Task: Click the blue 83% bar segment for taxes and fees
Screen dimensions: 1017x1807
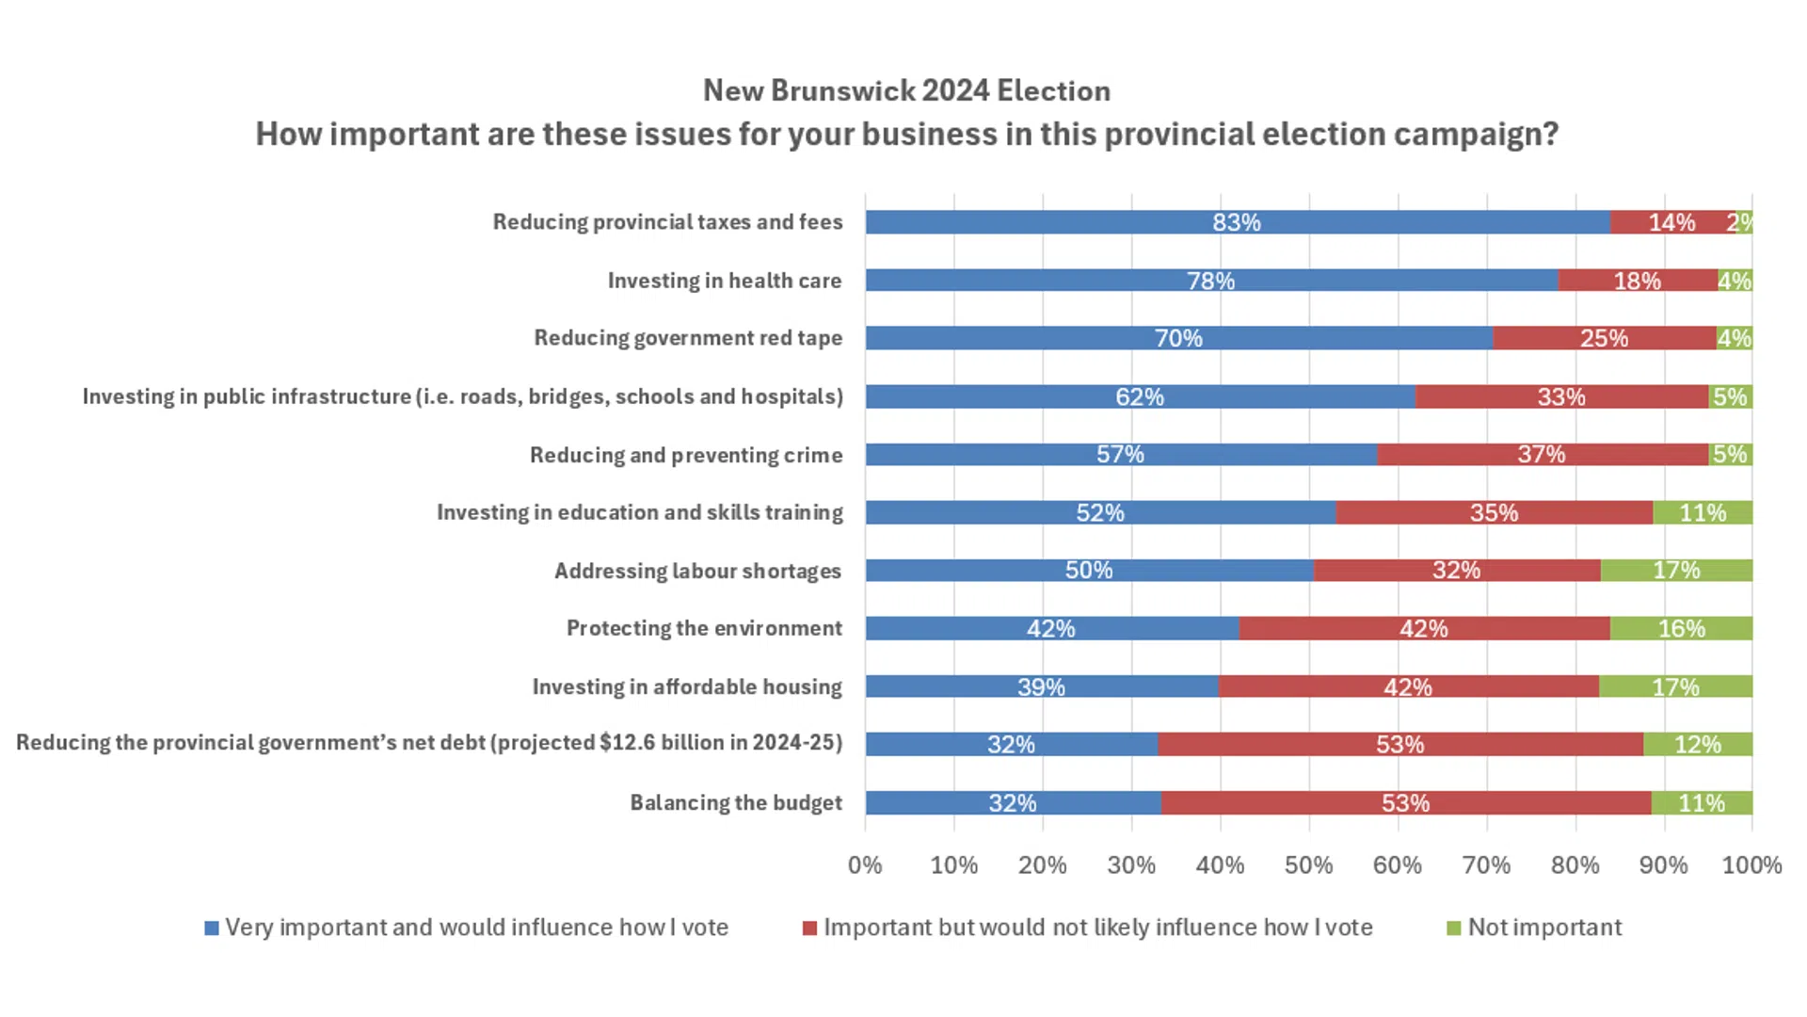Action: [1237, 222]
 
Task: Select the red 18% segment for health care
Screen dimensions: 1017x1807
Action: [1638, 281]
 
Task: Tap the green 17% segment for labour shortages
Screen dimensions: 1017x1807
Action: [1676, 571]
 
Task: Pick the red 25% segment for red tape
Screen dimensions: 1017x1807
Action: [1604, 338]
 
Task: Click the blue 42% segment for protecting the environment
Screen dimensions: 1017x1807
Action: [1051, 629]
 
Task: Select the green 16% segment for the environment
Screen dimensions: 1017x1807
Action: [1681, 629]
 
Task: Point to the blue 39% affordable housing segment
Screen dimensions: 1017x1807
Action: [1041, 687]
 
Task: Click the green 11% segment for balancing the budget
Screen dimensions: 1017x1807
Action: [1702, 803]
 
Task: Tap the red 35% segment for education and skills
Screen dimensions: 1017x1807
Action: [1494, 513]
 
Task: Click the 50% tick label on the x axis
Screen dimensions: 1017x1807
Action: [1308, 865]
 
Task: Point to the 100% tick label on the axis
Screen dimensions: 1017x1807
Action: [1751, 865]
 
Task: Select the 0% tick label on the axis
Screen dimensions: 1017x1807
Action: [865, 865]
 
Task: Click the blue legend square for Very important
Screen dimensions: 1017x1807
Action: [212, 928]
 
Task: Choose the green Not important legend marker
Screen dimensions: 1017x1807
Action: [1454, 928]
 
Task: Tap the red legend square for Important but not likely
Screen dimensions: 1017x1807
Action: [809, 928]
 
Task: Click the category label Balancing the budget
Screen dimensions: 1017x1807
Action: [736, 803]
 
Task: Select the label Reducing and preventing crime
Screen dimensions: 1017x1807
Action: [686, 456]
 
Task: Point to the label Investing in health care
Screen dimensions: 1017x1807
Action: [725, 281]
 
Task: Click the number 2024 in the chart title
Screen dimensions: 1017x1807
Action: [955, 91]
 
